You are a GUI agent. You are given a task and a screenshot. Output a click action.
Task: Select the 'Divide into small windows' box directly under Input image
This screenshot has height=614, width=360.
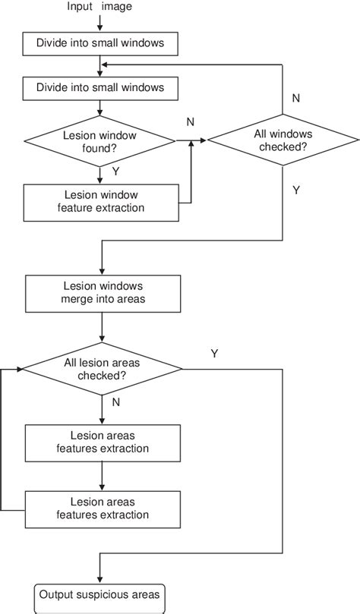101,44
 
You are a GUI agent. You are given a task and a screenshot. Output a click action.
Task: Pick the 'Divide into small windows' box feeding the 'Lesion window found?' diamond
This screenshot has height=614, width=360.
101,88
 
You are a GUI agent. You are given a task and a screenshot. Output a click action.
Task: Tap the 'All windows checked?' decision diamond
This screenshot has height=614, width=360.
283,140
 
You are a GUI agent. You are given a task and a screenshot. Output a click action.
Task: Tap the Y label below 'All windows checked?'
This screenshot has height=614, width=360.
295,190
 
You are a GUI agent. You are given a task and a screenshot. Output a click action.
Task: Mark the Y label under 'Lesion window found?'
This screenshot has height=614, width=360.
115,172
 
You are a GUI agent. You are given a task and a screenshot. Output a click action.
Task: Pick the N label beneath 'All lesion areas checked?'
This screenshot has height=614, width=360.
115,403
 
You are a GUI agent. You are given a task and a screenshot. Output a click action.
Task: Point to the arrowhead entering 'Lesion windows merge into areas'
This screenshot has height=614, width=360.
101,271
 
